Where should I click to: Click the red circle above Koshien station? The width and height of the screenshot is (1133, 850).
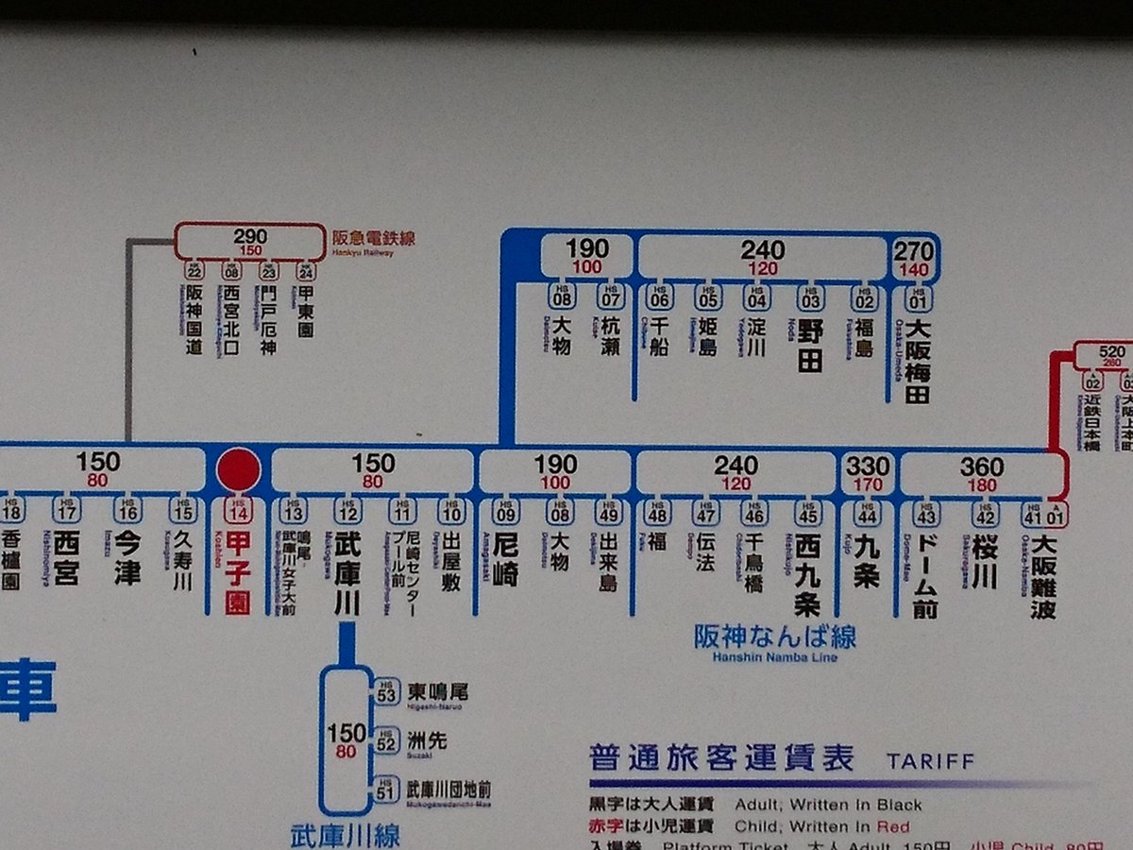239,469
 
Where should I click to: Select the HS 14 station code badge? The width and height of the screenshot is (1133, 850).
238,511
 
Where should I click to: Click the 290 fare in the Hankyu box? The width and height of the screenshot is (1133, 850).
250,236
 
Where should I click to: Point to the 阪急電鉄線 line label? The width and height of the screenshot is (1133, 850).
373,238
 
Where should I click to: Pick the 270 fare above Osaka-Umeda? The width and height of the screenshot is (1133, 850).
914,251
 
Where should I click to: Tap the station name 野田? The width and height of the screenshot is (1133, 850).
810,347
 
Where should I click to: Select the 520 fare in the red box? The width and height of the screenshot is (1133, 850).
1112,352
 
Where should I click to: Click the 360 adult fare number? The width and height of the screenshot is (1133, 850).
982,466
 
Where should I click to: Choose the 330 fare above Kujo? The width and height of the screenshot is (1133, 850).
867,466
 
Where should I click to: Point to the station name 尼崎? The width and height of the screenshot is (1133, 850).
506,560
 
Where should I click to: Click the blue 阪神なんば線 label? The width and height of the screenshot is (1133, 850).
775,637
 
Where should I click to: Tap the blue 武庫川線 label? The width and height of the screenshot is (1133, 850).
345,835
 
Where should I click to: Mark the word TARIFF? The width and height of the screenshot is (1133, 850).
930,761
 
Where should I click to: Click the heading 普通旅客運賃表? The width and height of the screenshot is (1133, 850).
722,757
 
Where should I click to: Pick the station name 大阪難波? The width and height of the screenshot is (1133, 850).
1043,576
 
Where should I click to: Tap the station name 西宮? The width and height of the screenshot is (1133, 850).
65,559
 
